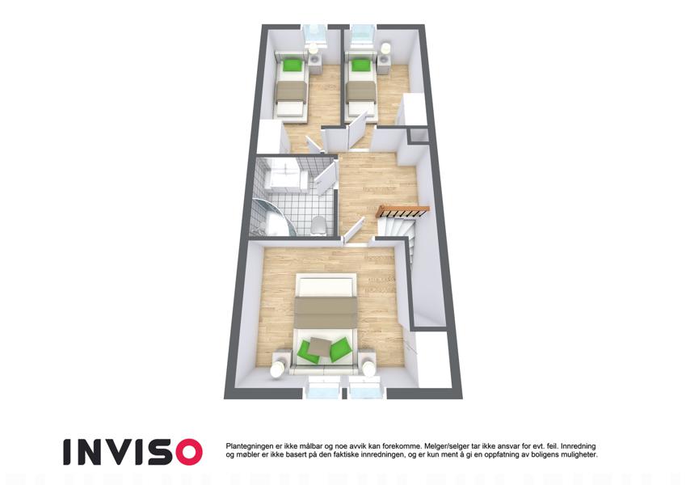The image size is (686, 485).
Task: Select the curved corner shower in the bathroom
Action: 271,217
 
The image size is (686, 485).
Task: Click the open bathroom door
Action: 326,177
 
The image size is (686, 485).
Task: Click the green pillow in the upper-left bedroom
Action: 292,65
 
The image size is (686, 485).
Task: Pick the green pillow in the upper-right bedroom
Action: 360,65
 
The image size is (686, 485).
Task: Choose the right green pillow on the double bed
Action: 340,349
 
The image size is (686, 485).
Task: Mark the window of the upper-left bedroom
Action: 315,35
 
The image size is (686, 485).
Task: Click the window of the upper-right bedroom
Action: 363,34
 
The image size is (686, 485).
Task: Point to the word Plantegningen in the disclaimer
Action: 247,446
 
